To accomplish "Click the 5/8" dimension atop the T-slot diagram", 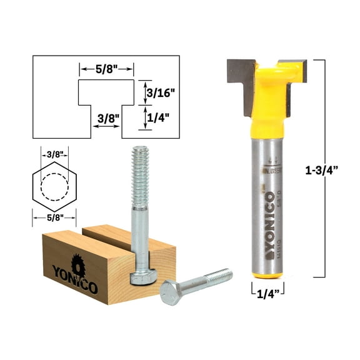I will point(106,67).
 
